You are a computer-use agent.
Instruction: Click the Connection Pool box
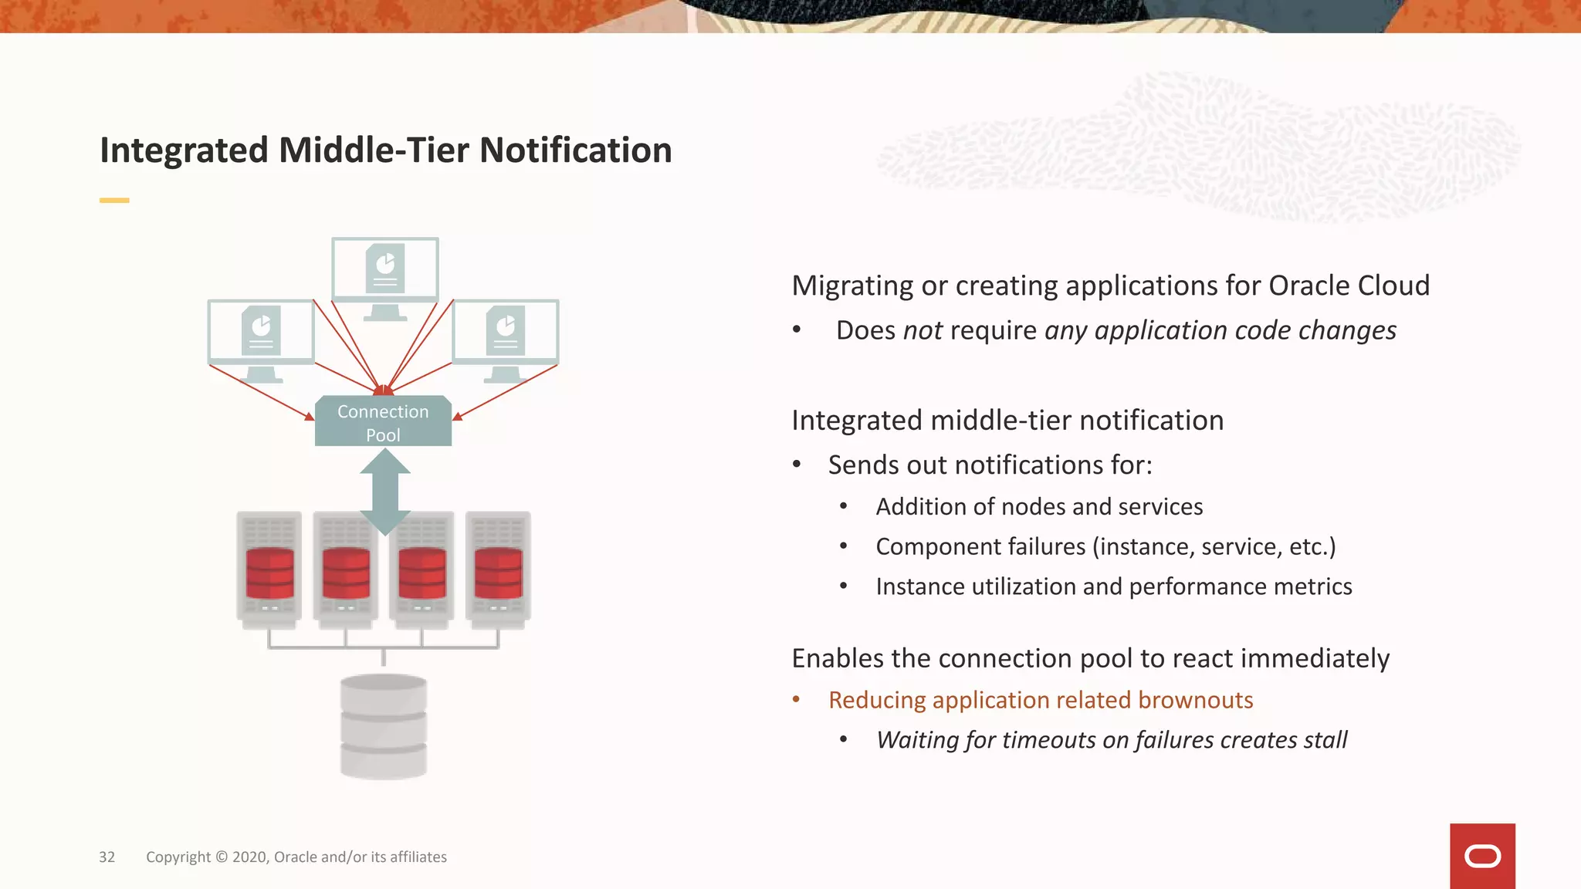click(383, 421)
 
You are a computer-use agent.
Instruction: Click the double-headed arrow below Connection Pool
click(384, 492)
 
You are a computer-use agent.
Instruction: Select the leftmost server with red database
click(269, 570)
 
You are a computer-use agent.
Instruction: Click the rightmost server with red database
click(498, 570)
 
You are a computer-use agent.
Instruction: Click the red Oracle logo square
click(1482, 856)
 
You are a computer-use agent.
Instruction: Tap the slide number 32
click(107, 857)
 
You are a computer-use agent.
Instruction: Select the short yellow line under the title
click(114, 201)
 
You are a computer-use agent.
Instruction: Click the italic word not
click(923, 331)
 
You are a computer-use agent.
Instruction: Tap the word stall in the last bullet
click(1325, 740)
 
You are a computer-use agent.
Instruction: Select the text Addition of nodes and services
click(1039, 507)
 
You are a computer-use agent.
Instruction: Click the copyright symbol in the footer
click(222, 857)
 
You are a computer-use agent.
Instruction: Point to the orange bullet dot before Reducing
click(797, 699)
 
